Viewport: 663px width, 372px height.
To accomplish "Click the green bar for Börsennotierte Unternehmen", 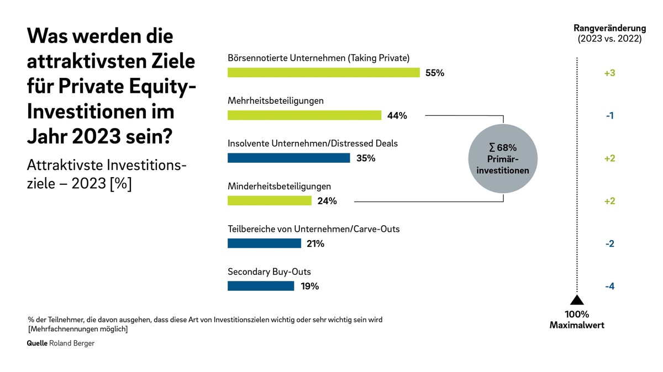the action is [x=324, y=72].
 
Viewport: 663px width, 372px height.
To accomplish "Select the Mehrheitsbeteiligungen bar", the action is [x=304, y=115].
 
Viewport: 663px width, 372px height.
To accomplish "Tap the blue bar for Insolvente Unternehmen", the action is [x=288, y=158].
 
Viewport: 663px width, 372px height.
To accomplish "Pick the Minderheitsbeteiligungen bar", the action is [x=270, y=200].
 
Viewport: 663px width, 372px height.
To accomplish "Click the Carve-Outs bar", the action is [x=264, y=243].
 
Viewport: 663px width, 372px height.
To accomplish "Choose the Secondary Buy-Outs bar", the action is [x=261, y=286].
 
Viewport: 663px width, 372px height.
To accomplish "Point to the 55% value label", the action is [x=435, y=73].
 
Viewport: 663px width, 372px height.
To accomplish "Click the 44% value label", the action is [x=397, y=115].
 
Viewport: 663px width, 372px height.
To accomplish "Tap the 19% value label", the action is [x=309, y=286].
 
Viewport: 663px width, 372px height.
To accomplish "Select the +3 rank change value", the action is [x=610, y=73].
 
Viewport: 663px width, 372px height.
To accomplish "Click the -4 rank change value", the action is [x=610, y=286].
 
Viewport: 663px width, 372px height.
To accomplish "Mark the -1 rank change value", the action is [x=610, y=115].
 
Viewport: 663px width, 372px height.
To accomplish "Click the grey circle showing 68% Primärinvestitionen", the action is [x=503, y=158].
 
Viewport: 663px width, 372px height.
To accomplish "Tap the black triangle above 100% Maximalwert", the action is [x=577, y=300].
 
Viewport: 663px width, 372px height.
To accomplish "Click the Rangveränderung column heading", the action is [x=610, y=33].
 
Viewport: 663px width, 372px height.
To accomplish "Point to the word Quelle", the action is [x=37, y=343].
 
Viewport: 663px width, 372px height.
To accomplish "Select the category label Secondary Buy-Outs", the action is [x=269, y=272].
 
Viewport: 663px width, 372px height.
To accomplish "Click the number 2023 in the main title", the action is [x=97, y=136].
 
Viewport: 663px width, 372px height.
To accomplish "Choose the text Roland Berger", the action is [x=72, y=343].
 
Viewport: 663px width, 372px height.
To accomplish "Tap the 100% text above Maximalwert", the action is [x=577, y=314].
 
